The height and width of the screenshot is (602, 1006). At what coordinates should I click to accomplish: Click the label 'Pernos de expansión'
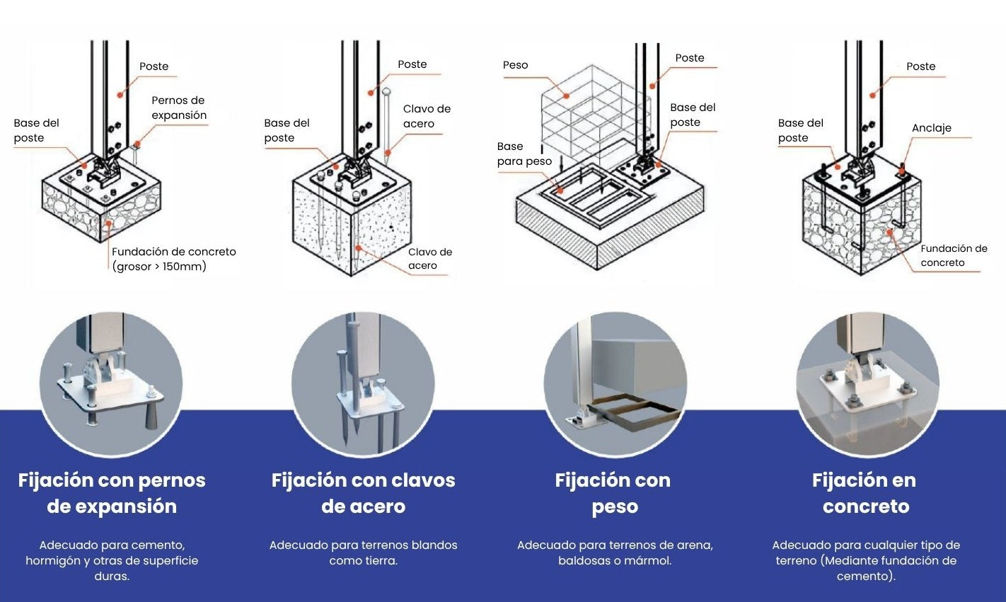pos(179,108)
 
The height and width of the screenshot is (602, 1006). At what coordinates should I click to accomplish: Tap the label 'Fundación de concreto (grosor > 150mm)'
pos(173,259)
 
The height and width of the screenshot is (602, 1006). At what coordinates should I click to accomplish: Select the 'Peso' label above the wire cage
pos(515,65)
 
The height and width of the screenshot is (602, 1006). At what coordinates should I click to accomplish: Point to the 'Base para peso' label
pos(524,154)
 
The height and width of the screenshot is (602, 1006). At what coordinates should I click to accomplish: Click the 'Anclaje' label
pos(931,128)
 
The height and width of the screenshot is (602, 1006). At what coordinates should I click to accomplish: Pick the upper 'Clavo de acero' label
pos(426,116)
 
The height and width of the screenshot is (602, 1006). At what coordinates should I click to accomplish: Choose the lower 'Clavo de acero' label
pos(429,259)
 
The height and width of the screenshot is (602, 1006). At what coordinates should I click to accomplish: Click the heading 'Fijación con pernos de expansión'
pos(112,493)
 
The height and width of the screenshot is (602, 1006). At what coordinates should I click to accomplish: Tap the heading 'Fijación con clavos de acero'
pos(363,493)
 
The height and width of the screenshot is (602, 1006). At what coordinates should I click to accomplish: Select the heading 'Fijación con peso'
pos(613,493)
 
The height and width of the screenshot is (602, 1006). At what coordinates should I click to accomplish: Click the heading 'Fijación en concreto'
pos(865,493)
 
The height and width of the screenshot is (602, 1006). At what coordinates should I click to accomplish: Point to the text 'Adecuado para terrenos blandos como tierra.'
pos(363,552)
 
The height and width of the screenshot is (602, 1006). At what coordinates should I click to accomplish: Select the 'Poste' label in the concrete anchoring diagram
pos(920,66)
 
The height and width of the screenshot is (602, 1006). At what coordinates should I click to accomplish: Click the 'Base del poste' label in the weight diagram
pos(692,115)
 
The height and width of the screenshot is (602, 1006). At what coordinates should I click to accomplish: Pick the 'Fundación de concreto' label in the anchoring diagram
pos(953,255)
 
